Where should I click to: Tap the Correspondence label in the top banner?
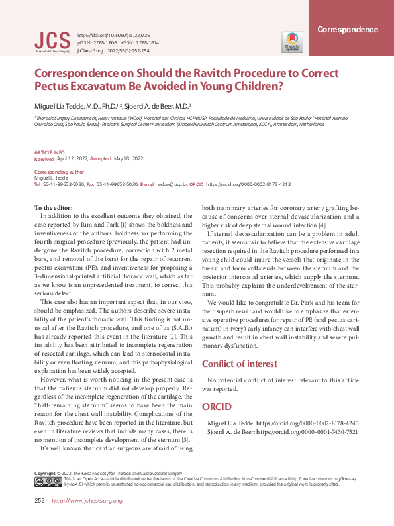[x=348, y=30]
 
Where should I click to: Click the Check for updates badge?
[x=292, y=41]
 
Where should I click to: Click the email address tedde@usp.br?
[x=172, y=184]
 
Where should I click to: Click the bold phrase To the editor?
[x=54, y=209]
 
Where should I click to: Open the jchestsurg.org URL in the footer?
[x=87, y=500]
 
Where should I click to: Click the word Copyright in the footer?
[x=44, y=472]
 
